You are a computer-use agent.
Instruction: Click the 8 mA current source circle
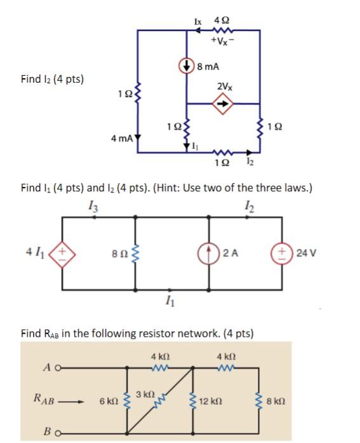point(186,65)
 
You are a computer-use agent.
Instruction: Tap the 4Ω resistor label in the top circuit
point(221,21)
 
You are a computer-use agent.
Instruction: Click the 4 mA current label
point(121,138)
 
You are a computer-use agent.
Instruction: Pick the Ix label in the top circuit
point(198,21)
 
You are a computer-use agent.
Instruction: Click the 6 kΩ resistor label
point(109,402)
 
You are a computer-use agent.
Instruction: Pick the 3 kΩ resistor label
point(145,394)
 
